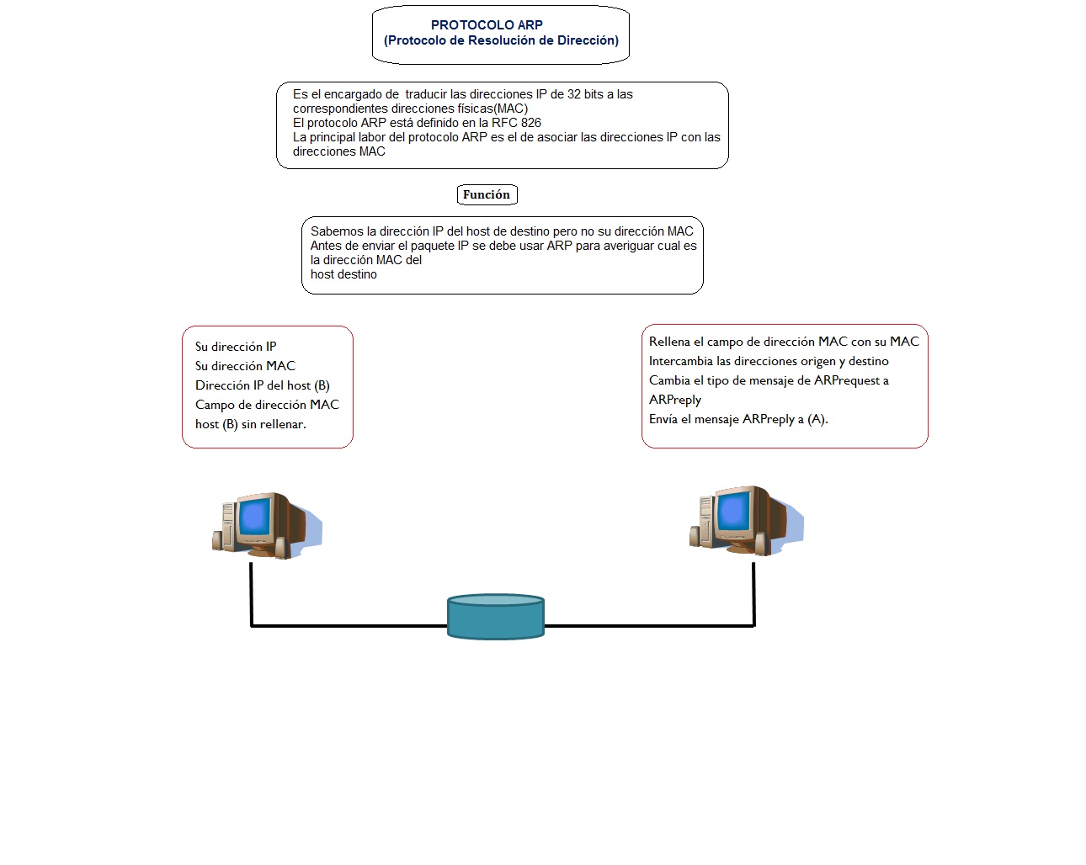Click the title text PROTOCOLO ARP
click(x=487, y=25)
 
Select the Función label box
click(x=487, y=194)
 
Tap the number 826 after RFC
click(x=530, y=123)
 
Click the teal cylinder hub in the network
click(x=495, y=617)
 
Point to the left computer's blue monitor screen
click(x=254, y=516)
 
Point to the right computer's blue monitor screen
click(x=732, y=509)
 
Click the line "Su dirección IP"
click(x=236, y=347)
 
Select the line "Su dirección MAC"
click(x=245, y=366)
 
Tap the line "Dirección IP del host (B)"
click(x=262, y=385)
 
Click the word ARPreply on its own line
click(x=674, y=400)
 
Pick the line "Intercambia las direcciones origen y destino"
click(x=769, y=361)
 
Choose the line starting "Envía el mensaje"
click(x=738, y=419)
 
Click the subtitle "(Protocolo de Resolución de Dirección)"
click(x=501, y=40)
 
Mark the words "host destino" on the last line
click(x=343, y=274)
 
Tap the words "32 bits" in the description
click(x=585, y=94)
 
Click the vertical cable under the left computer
click(x=251, y=593)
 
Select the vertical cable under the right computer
click(x=753, y=593)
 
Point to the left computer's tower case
click(x=226, y=526)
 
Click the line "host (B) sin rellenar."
click(x=250, y=424)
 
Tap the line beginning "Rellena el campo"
click(x=784, y=342)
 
